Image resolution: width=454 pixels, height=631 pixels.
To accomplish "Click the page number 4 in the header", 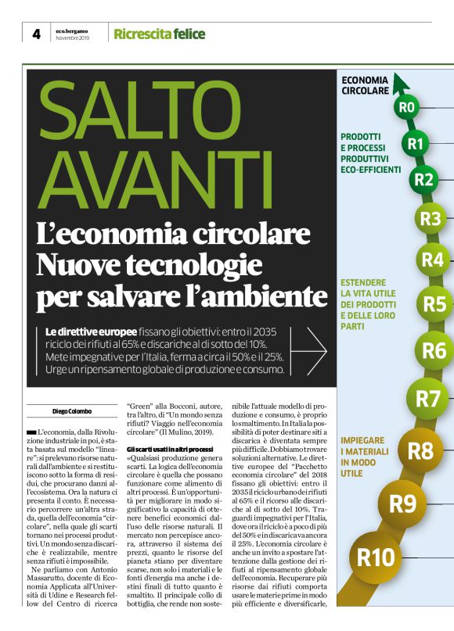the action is tap(36, 34).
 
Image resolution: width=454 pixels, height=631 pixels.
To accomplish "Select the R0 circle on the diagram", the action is tap(407, 107).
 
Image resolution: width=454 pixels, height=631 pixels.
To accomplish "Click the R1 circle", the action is tap(416, 143).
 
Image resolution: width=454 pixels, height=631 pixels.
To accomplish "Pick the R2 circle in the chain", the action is tap(423, 180).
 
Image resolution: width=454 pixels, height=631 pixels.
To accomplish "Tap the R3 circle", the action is tap(430, 219).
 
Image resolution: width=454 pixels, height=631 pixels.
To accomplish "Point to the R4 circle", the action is tap(432, 259).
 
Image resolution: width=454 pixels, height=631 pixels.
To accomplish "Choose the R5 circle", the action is tap(434, 303).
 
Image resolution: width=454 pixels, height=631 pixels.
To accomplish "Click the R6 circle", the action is tap(434, 350).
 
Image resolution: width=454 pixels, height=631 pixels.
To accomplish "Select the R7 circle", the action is tap(427, 399).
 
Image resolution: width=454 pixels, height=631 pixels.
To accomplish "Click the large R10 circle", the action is tap(377, 558).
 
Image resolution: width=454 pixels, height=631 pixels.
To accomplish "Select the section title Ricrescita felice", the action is tap(160, 34).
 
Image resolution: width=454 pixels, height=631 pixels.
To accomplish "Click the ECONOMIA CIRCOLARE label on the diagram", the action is tap(366, 85).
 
